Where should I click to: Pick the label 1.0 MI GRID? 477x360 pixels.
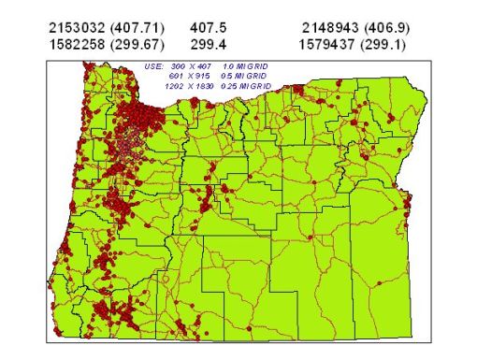point(246,66)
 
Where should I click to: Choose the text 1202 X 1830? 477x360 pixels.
point(189,85)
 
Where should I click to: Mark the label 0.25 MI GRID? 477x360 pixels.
point(246,85)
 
